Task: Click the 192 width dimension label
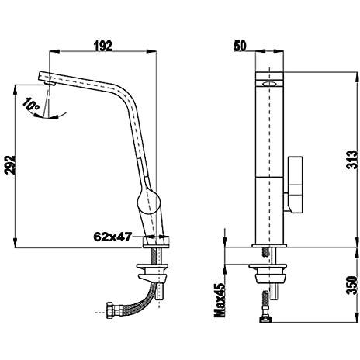[102, 46]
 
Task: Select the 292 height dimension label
[10, 164]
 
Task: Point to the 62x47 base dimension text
[112, 237]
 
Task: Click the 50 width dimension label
[240, 46]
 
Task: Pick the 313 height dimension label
[351, 160]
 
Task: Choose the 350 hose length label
[351, 286]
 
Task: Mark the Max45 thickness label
[220, 300]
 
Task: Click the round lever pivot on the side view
[148, 202]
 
